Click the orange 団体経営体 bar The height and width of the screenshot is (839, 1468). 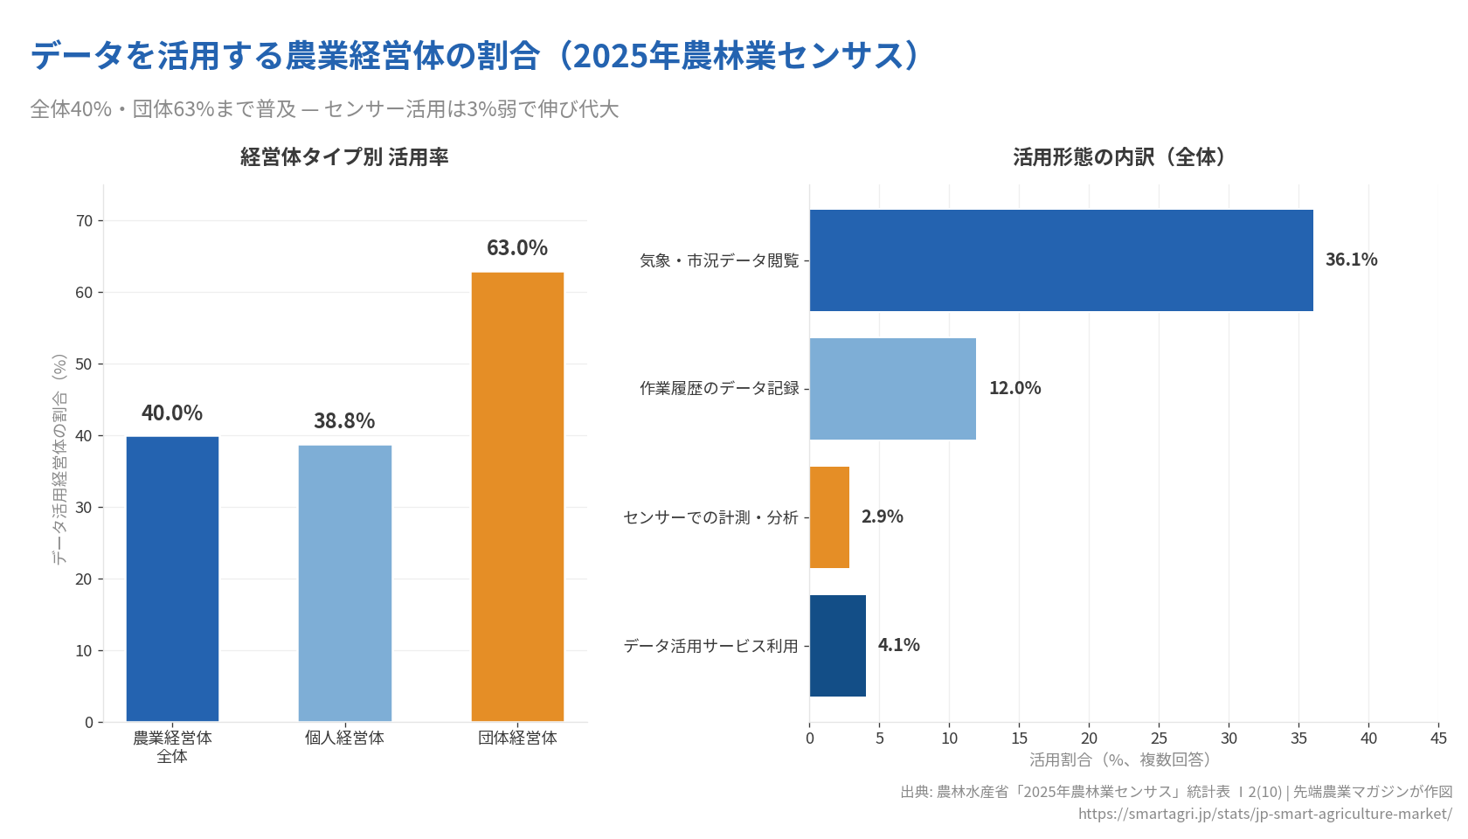coord(517,496)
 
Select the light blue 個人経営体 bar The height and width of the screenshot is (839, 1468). coord(344,583)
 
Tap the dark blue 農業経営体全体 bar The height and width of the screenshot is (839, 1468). coord(172,579)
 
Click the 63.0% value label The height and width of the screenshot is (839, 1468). coord(517,248)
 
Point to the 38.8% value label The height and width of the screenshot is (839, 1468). coord(344,421)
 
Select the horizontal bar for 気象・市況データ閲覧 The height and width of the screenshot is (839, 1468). coord(1061,260)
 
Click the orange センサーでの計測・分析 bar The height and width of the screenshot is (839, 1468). coord(829,517)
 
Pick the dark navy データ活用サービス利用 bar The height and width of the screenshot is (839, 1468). coord(837,646)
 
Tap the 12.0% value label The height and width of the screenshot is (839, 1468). coord(1014,388)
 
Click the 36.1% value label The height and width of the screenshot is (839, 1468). coord(1351,260)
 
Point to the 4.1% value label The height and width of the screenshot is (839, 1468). coord(898,645)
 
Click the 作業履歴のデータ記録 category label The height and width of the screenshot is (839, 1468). coord(719,388)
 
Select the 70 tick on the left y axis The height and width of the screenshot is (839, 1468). coord(84,221)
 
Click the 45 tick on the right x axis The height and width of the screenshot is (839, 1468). coord(1438,738)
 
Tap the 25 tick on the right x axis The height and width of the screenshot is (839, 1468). coord(1159,738)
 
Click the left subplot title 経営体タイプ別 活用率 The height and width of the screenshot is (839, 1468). coord(344,157)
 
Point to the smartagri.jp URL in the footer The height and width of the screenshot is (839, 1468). coord(1264,814)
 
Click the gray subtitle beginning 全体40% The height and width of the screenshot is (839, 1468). coord(324,109)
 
